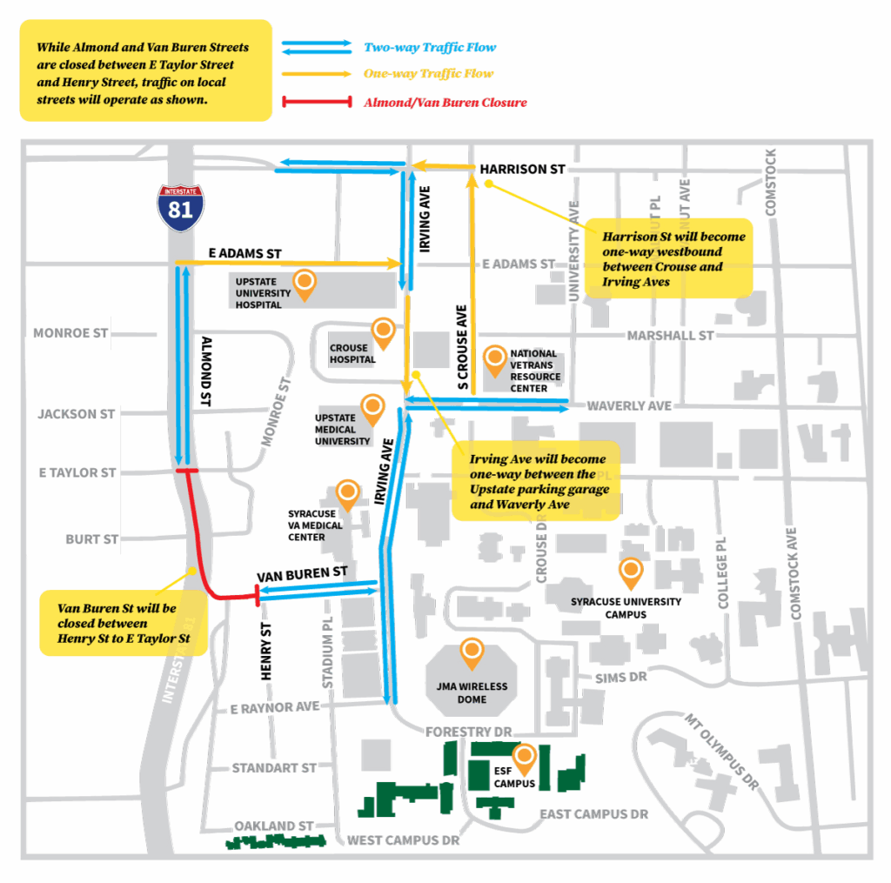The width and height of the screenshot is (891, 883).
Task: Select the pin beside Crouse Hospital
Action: (x=383, y=331)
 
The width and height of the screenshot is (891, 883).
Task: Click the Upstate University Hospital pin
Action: (x=305, y=283)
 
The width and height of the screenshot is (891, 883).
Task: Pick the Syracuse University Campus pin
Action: (x=630, y=572)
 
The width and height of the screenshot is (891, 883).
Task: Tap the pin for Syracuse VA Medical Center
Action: (x=348, y=493)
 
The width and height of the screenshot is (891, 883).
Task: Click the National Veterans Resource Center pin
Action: (x=495, y=358)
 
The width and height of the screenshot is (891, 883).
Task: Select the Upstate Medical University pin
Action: (x=373, y=407)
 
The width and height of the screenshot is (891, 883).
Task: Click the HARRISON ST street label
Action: (x=522, y=170)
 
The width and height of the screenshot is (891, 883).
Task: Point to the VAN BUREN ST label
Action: (x=302, y=574)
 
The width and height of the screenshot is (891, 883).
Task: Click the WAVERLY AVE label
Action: (x=628, y=406)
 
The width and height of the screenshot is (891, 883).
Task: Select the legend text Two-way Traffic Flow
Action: (x=430, y=47)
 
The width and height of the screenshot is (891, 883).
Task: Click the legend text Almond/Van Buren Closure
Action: (x=445, y=103)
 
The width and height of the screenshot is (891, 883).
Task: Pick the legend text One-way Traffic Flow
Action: (x=428, y=74)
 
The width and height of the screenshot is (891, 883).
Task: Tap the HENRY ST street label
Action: (x=267, y=651)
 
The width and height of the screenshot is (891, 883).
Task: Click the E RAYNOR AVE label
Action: (x=274, y=708)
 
